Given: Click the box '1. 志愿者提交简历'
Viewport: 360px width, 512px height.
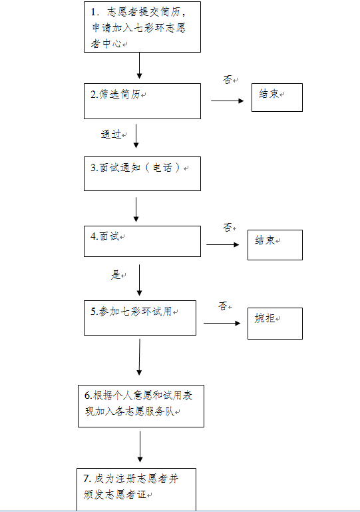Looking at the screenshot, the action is [142, 27].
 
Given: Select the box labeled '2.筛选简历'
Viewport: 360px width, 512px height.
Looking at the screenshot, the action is [142, 101].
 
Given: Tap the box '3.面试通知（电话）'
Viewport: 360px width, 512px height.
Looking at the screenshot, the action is [142, 174].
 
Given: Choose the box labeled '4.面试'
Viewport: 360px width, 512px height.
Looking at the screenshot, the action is [142, 241].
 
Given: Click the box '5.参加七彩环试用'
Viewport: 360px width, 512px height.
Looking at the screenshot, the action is [140, 318].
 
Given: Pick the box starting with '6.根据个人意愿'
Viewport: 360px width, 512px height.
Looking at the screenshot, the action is [141, 406].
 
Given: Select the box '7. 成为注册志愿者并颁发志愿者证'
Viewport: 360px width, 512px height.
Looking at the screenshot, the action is [136, 489].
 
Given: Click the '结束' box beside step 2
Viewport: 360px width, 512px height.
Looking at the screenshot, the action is [277, 97].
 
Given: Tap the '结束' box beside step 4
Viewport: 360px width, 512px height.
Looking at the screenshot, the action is [275, 245].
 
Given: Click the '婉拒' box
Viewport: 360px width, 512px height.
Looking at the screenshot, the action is [275, 324].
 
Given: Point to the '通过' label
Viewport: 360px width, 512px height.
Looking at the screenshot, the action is [111, 134].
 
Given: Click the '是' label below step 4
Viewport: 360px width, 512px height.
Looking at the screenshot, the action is [116, 274].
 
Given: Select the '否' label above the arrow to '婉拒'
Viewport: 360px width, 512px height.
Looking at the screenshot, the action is [223, 306].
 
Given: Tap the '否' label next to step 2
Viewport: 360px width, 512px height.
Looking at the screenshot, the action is [228, 79].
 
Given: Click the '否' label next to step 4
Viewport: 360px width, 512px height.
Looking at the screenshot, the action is [228, 227].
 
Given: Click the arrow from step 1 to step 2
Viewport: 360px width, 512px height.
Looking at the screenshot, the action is [139, 66].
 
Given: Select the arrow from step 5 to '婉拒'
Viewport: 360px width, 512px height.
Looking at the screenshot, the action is [222, 324].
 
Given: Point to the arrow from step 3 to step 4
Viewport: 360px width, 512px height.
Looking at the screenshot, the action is [136, 210].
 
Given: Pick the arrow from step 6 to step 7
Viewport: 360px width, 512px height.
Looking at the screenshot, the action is [140, 447].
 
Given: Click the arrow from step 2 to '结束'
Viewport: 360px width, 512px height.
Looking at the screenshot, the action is [228, 101].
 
